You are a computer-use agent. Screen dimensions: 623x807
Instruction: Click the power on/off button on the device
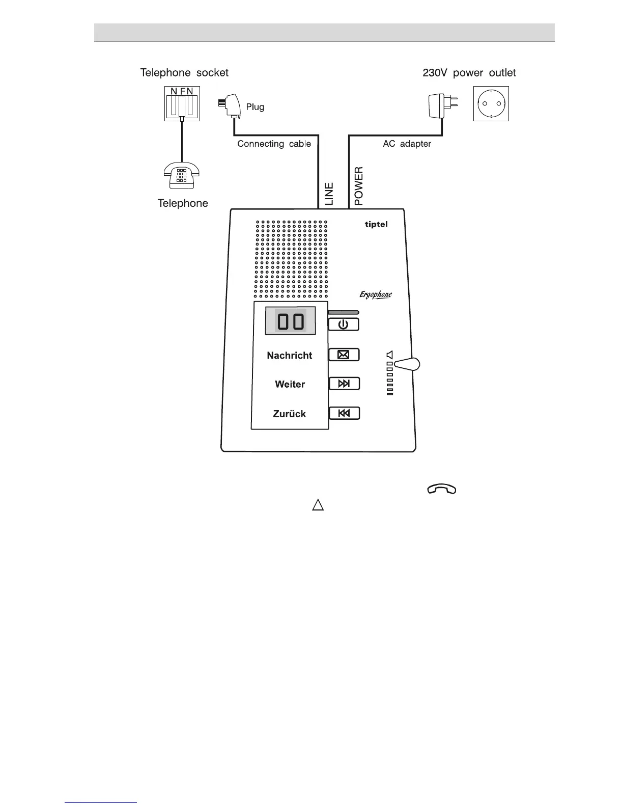point(344,324)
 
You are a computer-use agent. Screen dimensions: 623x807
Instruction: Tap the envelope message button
point(344,355)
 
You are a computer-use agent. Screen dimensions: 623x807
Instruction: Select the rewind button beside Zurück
point(344,413)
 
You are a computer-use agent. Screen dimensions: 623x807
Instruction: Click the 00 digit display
point(290,321)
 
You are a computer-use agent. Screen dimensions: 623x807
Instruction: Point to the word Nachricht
point(289,356)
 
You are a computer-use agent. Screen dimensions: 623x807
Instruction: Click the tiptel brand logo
point(376,224)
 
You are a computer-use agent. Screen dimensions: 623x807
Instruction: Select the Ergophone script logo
point(376,295)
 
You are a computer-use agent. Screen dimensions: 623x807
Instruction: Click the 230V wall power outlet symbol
point(491,103)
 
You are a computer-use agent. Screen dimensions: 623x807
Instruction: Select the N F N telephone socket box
point(182,103)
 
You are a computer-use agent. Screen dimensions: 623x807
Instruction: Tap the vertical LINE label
point(329,194)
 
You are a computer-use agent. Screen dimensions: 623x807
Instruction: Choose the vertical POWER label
point(359,186)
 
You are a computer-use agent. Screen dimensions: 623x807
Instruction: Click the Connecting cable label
point(274,144)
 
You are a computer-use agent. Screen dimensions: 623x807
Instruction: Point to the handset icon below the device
point(442,490)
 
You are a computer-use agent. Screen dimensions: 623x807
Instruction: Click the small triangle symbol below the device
point(318,505)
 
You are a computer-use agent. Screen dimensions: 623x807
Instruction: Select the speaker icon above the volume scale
point(389,355)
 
